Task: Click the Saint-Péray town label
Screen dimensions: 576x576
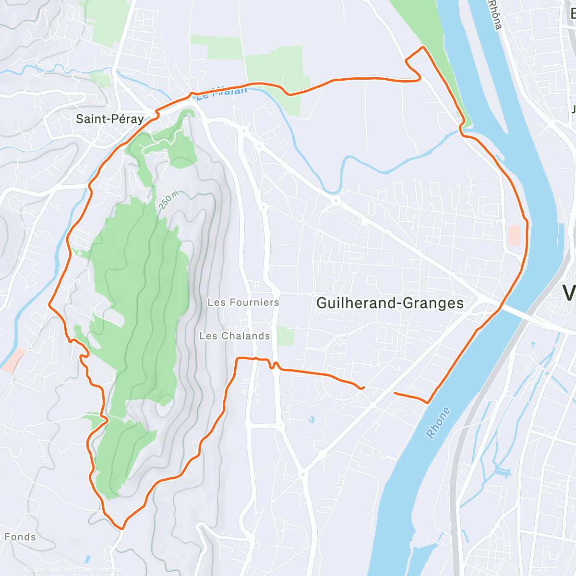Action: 110,119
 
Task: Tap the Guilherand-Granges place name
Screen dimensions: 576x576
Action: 390,303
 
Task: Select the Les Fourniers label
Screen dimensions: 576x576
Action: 243,302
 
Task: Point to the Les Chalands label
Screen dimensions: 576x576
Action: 235,336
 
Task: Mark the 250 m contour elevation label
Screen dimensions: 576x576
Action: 168,200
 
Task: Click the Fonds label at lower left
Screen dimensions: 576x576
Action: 20,537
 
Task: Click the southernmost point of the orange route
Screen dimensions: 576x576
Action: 122,529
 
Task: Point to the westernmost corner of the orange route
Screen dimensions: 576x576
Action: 49,304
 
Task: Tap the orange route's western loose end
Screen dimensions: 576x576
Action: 363,387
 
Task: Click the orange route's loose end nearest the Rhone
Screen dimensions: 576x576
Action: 395,393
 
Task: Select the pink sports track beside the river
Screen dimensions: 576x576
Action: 514,235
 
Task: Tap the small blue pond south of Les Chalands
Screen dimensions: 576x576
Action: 312,420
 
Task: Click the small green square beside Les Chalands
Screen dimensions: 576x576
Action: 286,336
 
